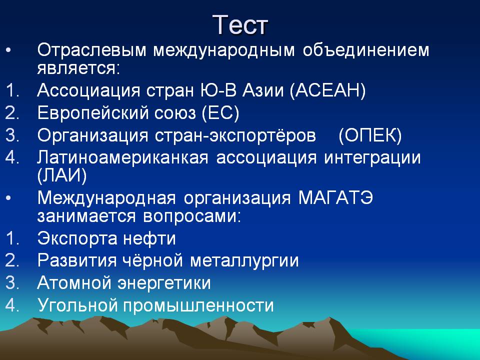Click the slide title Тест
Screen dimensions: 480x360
(x=240, y=25)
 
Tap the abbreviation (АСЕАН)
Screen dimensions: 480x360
(x=327, y=90)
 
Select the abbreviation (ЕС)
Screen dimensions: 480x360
(x=220, y=113)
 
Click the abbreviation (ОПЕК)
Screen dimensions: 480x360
(x=370, y=135)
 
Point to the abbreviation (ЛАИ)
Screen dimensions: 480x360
(x=62, y=175)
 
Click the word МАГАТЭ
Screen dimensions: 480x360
(x=335, y=198)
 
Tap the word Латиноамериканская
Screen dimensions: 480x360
(x=123, y=157)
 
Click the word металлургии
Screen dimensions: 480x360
(x=244, y=261)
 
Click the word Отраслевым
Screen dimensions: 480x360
(x=92, y=51)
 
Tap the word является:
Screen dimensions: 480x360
(x=78, y=68)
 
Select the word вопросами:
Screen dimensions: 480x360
(x=192, y=216)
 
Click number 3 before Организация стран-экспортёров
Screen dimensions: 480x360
(x=12, y=135)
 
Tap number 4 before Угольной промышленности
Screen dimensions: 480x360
(x=12, y=305)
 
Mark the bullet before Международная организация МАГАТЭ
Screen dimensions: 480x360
(x=8, y=198)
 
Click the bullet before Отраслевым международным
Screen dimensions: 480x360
(x=8, y=50)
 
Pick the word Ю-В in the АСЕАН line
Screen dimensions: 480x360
(x=218, y=90)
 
